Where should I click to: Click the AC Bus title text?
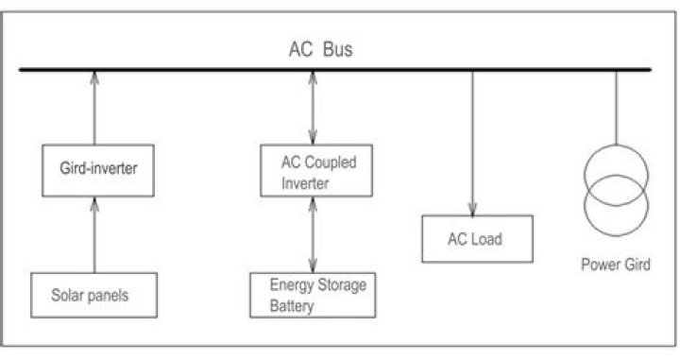click(x=320, y=49)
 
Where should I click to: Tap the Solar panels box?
click(x=93, y=295)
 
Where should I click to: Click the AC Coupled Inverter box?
click(x=313, y=171)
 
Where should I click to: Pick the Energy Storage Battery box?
click(x=313, y=295)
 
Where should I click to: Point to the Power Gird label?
click(x=615, y=265)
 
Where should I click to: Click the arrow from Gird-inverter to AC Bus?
click(x=93, y=109)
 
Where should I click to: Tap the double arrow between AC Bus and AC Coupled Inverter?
click(x=313, y=109)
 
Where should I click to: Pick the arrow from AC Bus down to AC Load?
click(x=471, y=142)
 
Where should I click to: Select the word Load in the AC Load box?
click(x=488, y=239)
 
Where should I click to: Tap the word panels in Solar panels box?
click(x=109, y=295)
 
